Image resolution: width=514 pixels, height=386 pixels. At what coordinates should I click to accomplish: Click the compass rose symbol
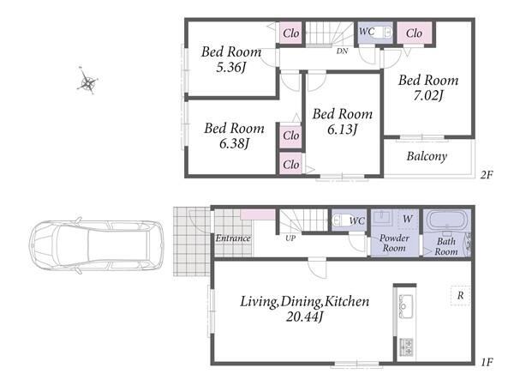coord(87,81)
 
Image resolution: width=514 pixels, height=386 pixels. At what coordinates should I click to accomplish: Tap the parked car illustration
coord(96,245)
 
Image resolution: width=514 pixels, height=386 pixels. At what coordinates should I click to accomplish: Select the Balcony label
coord(427,156)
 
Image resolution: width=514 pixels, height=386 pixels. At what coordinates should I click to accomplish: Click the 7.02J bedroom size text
coord(427,95)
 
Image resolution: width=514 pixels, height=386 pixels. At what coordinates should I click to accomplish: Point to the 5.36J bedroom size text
coord(230,67)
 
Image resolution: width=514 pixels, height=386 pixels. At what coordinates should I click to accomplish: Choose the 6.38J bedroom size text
coord(234,143)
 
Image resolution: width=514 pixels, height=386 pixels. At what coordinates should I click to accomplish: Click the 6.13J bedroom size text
coord(342,130)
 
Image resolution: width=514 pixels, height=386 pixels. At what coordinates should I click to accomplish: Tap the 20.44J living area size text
coord(304,317)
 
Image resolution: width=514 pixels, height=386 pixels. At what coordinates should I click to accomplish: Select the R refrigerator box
coord(460,296)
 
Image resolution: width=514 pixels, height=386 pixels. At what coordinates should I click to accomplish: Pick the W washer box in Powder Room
coord(408,219)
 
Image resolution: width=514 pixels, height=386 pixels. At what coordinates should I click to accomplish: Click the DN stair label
coord(342,51)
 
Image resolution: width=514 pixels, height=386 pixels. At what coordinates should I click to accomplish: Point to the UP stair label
coord(290,238)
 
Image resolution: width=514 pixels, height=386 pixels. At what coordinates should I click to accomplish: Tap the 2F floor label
coord(487,175)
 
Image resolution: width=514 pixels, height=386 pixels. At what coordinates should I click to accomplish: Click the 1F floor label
coord(487,362)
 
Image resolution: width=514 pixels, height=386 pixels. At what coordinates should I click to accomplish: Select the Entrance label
coord(233,238)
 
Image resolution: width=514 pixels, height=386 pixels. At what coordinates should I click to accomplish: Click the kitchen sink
coord(406,306)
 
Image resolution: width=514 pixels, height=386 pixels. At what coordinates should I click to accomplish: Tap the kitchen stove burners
coord(406,347)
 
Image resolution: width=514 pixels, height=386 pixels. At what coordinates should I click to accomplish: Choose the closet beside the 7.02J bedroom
coord(415,33)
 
